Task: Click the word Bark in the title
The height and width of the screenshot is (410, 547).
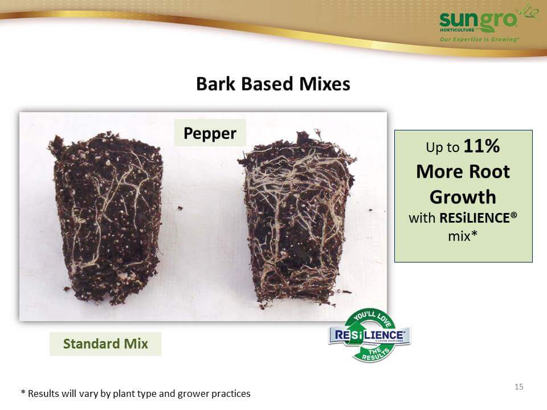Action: click(215, 84)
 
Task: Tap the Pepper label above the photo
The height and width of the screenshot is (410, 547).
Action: click(210, 133)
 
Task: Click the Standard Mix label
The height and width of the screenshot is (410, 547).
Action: click(105, 344)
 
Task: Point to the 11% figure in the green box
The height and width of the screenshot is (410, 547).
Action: click(482, 146)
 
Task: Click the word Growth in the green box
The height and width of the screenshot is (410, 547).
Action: click(463, 197)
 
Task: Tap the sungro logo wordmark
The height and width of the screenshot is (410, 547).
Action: click(478, 20)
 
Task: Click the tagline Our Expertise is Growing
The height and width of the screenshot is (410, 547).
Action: click(479, 39)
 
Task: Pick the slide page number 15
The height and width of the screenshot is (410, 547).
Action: click(519, 387)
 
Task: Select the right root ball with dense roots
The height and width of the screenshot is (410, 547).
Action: click(296, 219)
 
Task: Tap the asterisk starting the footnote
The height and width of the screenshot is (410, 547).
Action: click(23, 392)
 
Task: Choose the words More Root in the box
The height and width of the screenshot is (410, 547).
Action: click(463, 171)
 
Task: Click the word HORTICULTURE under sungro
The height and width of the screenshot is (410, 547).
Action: click(457, 30)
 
